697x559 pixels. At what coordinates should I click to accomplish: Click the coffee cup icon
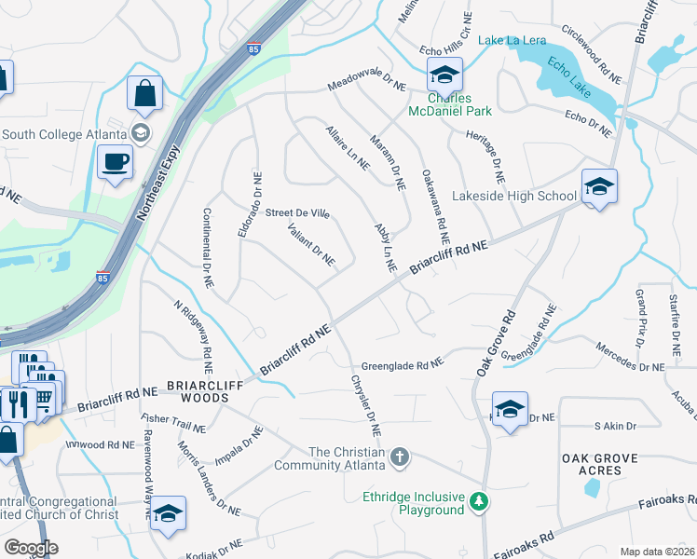(x=115, y=162)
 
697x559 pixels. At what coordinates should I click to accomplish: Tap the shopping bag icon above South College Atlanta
(x=144, y=93)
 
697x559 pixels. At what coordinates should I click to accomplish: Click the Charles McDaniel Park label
(x=450, y=104)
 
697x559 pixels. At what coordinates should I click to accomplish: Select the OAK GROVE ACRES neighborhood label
(x=592, y=464)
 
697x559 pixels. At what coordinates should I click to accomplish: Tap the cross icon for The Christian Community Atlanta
(x=399, y=457)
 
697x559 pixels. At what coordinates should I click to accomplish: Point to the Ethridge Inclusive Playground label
(x=406, y=503)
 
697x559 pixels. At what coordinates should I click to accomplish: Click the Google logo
(x=31, y=548)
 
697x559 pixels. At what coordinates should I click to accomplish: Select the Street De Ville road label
(x=296, y=213)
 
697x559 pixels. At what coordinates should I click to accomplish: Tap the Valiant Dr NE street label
(x=311, y=244)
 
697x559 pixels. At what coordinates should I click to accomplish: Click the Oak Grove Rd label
(x=496, y=343)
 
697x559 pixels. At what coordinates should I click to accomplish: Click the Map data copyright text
(x=658, y=552)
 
